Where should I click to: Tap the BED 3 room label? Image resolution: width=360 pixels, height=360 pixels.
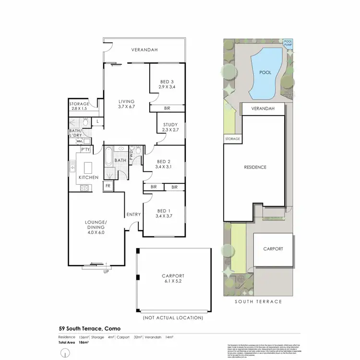point(168,84)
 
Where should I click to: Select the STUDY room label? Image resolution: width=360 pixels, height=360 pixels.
point(170,127)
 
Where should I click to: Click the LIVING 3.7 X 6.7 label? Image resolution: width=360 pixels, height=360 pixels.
point(127,104)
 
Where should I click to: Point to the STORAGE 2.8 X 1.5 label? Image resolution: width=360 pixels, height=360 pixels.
point(80,106)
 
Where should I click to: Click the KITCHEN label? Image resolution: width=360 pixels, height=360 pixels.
point(89,178)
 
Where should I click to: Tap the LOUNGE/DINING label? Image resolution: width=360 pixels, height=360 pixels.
point(95,226)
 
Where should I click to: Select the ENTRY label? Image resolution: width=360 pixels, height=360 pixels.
point(133,215)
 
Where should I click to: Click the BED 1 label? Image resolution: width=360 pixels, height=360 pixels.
point(163,214)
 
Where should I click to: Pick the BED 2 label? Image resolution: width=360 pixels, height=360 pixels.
point(164,164)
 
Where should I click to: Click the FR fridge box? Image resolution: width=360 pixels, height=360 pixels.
point(108,186)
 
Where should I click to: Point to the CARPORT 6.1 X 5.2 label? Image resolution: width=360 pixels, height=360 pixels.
point(173,279)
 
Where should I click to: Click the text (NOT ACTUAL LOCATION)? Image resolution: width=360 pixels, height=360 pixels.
point(173,318)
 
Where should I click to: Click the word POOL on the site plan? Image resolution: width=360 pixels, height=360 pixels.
point(265,72)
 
